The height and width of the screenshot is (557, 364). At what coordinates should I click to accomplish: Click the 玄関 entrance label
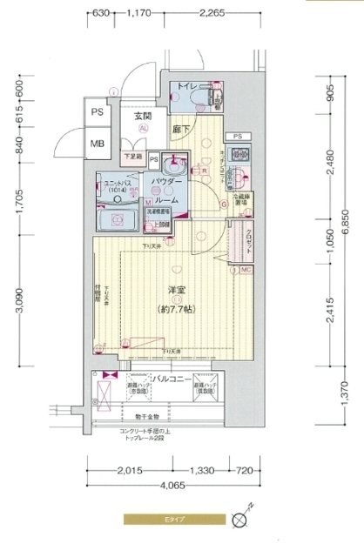tap(143, 115)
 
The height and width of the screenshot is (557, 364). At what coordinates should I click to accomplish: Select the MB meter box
tap(98, 144)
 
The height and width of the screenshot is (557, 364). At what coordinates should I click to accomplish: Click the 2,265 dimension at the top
tap(212, 13)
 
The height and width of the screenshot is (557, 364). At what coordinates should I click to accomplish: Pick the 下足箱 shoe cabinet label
tap(131, 157)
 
